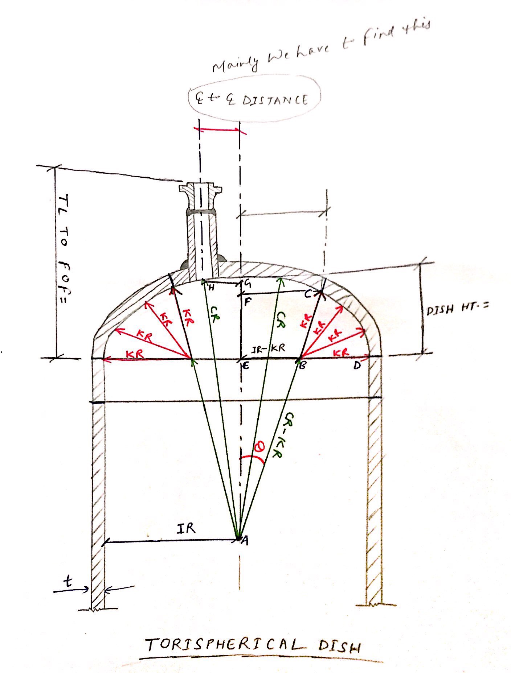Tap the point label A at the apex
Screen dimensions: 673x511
245,541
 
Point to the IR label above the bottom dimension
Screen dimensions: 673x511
186,529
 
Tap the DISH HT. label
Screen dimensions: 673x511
457,309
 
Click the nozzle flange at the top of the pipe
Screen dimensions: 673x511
199,189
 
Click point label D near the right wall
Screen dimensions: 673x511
357,366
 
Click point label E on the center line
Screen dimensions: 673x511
245,366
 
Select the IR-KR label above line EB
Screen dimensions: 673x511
269,348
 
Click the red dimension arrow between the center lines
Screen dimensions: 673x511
219,129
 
